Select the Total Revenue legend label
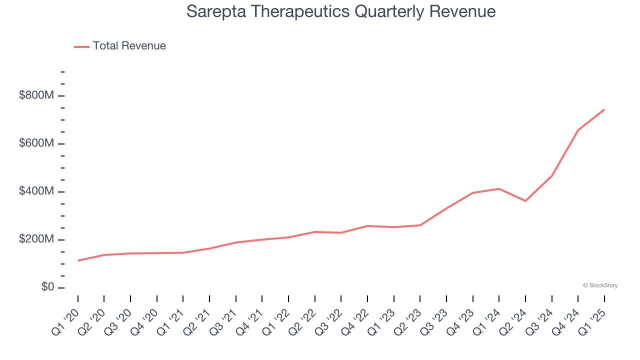tap(129, 46)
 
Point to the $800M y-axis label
tap(36, 95)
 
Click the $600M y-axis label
tap(36, 143)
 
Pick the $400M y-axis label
tap(36, 191)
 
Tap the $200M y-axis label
tap(36, 239)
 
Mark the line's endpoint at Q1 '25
tap(604, 109)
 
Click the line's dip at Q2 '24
tap(525, 201)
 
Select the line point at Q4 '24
tap(578, 130)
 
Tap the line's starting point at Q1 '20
tap(78, 260)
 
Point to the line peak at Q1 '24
tap(499, 188)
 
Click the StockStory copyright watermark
tap(600, 285)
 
